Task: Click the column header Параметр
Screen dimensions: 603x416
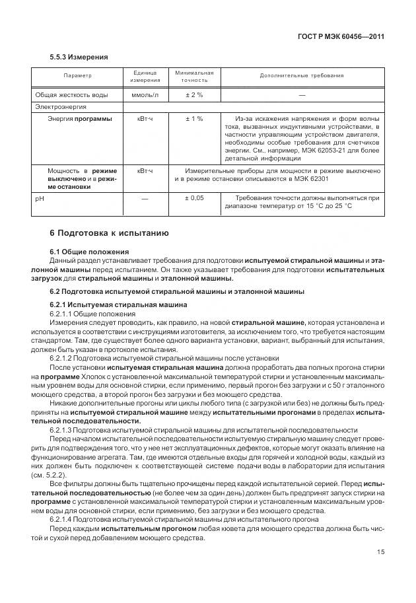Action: point(78,75)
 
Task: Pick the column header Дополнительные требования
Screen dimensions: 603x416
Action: point(302,75)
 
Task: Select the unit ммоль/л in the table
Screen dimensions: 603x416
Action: point(145,94)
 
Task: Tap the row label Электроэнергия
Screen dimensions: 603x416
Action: point(61,106)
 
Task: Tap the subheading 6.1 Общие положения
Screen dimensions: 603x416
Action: point(89,252)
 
